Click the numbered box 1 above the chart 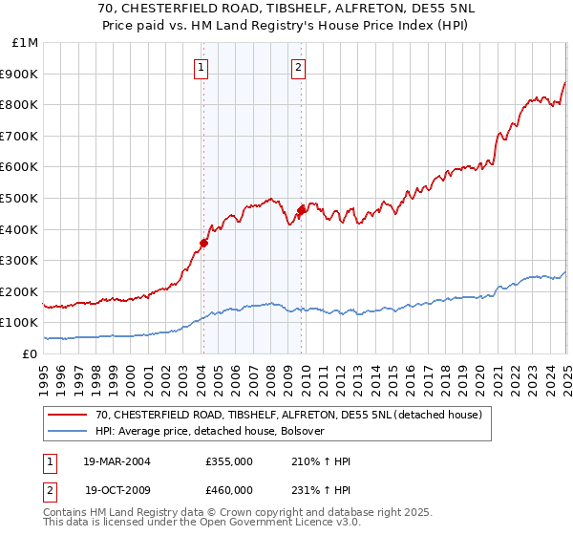[x=202, y=67]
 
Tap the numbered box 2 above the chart [x=299, y=67]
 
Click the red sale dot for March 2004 [x=204, y=243]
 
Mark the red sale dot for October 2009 [x=302, y=210]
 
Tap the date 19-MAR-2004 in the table [x=117, y=461]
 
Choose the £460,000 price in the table [x=229, y=489]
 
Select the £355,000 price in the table [x=229, y=461]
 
